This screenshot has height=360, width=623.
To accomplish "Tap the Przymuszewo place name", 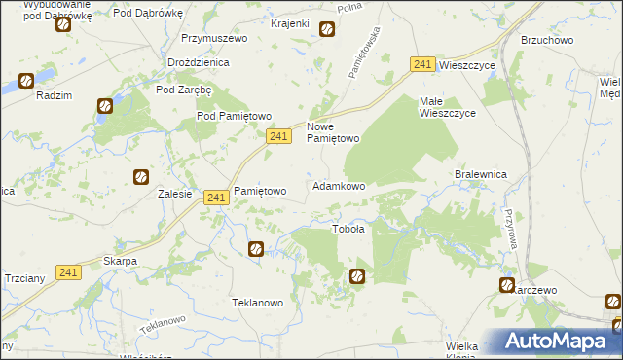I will pyautogui.click(x=215, y=39).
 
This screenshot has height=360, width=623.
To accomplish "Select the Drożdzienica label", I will pyautogui.click(x=198, y=62).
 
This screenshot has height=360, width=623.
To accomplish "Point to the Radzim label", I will pyautogui.click(x=52, y=95).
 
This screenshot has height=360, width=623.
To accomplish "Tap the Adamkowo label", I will pyautogui.click(x=338, y=186).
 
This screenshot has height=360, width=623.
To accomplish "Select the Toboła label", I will pyautogui.click(x=348, y=230).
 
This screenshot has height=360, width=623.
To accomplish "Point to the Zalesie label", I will pyautogui.click(x=174, y=194).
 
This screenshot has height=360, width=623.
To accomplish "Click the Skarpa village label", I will pyautogui.click(x=120, y=262).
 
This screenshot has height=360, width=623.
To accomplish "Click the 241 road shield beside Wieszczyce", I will pyautogui.click(x=421, y=64).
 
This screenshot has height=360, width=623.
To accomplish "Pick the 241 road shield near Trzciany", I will pyautogui.click(x=67, y=273).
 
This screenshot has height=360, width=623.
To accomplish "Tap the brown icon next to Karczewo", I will pyautogui.click(x=507, y=285).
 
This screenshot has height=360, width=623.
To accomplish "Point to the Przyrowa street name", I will pyautogui.click(x=508, y=231).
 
